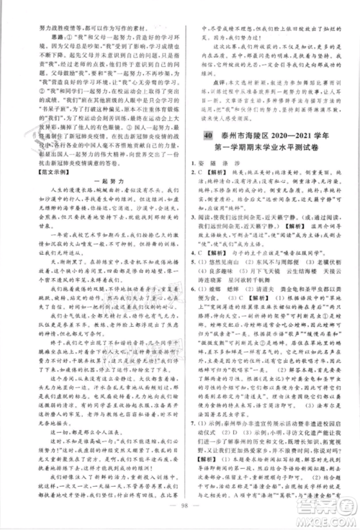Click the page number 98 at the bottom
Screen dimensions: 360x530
point(181,513)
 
